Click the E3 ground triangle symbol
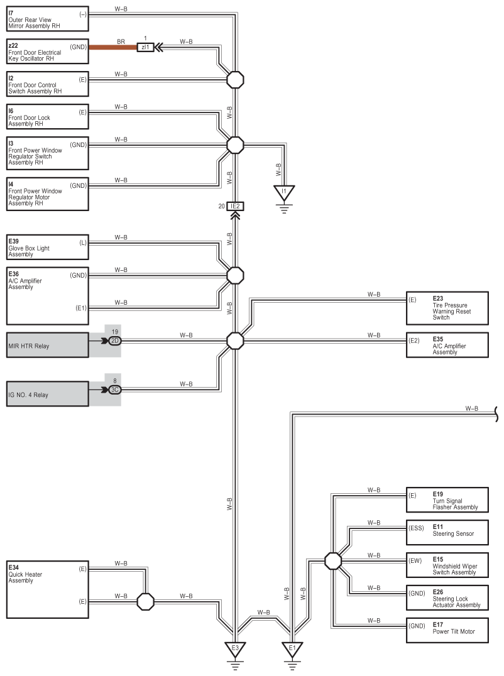pos(235,649)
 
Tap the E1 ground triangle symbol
pos(292,649)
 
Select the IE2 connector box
pos(235,207)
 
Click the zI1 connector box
pos(145,47)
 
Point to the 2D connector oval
pos(114,341)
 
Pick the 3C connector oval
pos(114,390)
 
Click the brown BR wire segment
pos(113,47)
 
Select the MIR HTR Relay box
pos(47,345)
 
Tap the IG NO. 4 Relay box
pos(47,394)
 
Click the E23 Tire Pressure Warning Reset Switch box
pos(447,308)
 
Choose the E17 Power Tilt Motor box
pos(447,630)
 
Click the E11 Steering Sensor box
pos(447,532)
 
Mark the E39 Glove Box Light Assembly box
pos(47,247)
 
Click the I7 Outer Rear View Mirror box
pos(47,19)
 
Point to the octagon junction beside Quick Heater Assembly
pos(145,601)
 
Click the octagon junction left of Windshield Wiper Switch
pos(333,561)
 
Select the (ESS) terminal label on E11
pos(416,528)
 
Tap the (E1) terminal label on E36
pos(81,308)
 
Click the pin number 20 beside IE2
pos(222,207)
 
